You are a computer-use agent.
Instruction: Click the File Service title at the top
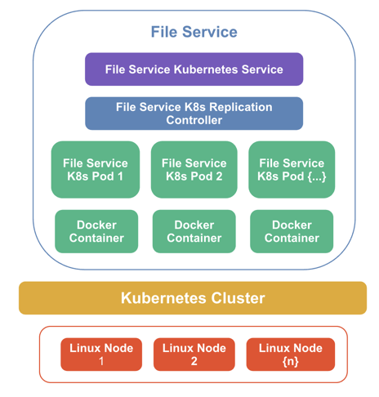pyautogui.click(x=194, y=32)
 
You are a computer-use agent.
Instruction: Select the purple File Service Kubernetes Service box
pyautogui.click(x=194, y=69)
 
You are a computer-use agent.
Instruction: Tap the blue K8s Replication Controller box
pyautogui.click(x=194, y=114)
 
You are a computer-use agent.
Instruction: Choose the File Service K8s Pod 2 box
pyautogui.click(x=194, y=170)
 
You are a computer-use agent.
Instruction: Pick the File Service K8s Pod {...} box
pyautogui.click(x=292, y=170)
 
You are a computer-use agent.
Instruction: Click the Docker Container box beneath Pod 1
pyautogui.click(x=96, y=231)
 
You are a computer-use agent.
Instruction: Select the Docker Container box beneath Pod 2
pyautogui.click(x=194, y=231)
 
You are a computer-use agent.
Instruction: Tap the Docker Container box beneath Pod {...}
pyautogui.click(x=292, y=231)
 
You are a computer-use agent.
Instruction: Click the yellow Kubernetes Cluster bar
pyautogui.click(x=193, y=298)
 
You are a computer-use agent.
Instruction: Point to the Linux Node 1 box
pyautogui.click(x=102, y=355)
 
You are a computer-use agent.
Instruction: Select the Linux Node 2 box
pyautogui.click(x=194, y=355)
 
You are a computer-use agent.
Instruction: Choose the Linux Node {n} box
pyautogui.click(x=290, y=355)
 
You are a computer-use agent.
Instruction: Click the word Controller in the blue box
pyautogui.click(x=194, y=121)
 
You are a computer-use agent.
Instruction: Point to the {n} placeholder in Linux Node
pyautogui.click(x=290, y=361)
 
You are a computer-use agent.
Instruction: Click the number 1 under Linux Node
pyautogui.click(x=102, y=361)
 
